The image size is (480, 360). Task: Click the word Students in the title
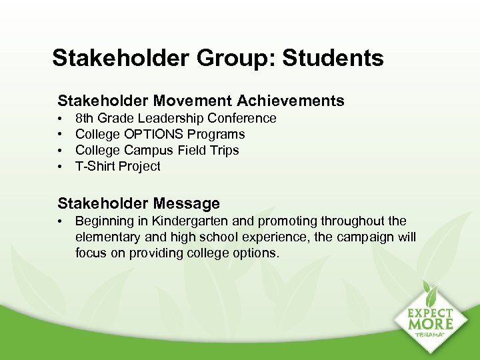pos(333,58)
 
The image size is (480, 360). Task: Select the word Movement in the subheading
pos(194,101)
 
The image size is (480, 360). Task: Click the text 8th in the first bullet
pos(84,118)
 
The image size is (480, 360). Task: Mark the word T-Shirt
pos(95,166)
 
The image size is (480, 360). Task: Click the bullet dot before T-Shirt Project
pos(61,167)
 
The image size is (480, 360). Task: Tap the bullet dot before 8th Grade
pos(61,119)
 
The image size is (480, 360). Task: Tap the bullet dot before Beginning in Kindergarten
pos(61,221)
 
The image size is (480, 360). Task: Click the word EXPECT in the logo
pos(431,313)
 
